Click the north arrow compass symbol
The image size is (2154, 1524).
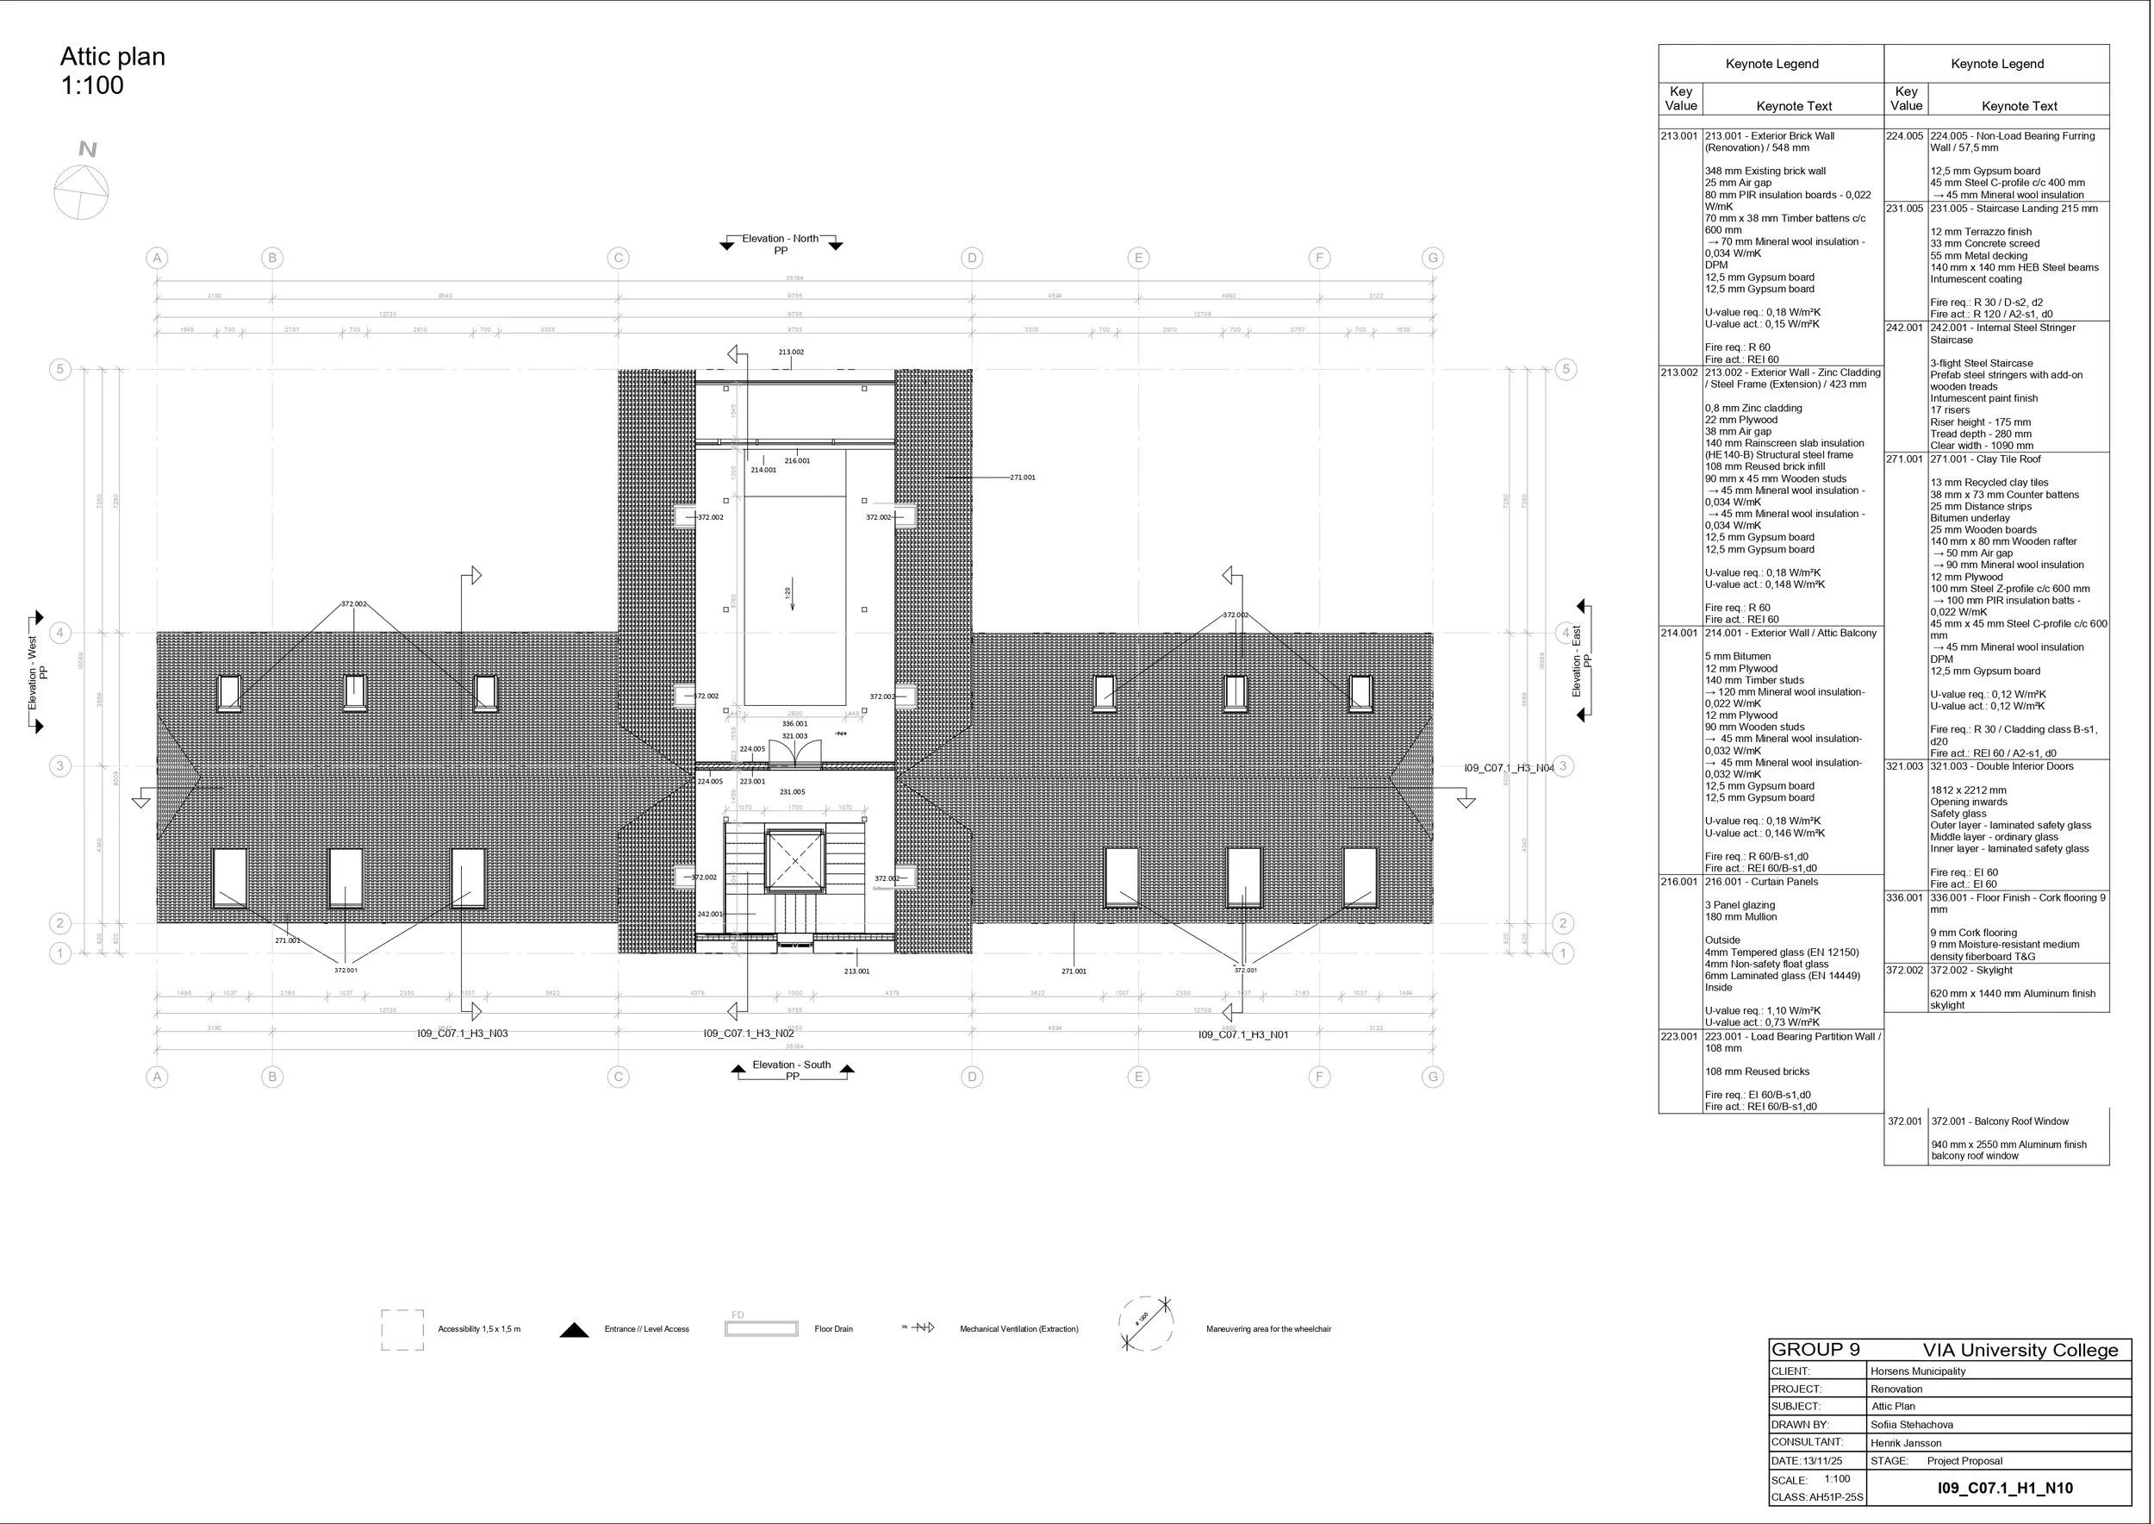(x=82, y=191)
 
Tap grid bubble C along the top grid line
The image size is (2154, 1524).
(x=617, y=258)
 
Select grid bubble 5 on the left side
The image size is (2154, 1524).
(x=60, y=369)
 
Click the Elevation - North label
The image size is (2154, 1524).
(x=780, y=239)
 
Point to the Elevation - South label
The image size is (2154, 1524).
(x=791, y=1065)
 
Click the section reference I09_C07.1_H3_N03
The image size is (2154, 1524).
(x=463, y=1034)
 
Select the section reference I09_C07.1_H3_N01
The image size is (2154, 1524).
(x=1242, y=1034)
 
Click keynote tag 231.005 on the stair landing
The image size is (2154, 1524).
(x=792, y=792)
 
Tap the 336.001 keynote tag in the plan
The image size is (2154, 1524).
(x=794, y=723)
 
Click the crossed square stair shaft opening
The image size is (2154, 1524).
(x=794, y=859)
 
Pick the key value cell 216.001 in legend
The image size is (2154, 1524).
(x=1678, y=882)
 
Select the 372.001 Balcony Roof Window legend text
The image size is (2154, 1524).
(x=1999, y=1121)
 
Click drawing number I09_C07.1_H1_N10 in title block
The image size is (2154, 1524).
(x=2004, y=1488)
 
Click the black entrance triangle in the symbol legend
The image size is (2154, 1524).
(x=574, y=1330)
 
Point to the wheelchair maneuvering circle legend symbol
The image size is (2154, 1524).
(x=1145, y=1325)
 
